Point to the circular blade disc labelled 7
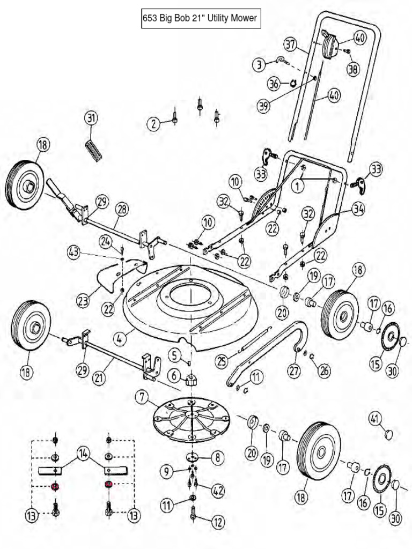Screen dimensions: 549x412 click(x=190, y=415)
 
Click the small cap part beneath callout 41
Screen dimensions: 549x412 click(x=388, y=433)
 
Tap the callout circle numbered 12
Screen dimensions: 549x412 click(x=218, y=521)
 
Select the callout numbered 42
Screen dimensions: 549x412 click(x=218, y=490)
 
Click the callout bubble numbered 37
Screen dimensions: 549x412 click(x=290, y=44)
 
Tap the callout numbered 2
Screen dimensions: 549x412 click(x=154, y=124)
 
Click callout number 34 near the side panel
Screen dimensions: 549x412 click(x=358, y=209)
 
